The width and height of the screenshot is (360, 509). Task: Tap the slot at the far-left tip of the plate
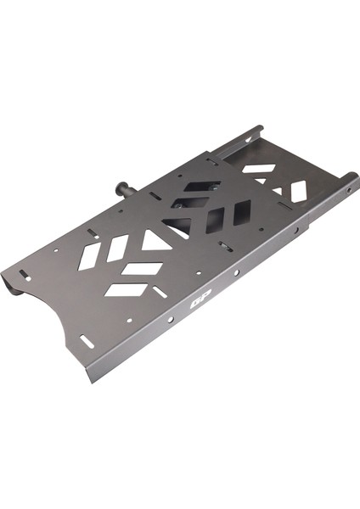coord(24,274)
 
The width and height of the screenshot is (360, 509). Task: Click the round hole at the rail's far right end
coord(349,190)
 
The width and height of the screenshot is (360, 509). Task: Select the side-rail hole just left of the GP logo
coord(171,320)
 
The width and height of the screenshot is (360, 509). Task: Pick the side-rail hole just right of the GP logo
coord(237,272)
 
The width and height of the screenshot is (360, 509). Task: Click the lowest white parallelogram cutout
coord(126,290)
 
